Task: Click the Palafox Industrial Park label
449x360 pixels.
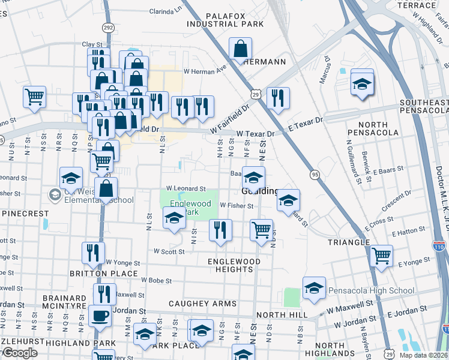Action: tap(224, 20)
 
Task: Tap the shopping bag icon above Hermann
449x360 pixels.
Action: tap(240, 48)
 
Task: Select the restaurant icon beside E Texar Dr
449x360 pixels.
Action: tap(277, 98)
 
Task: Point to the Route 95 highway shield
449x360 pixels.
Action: tap(315, 174)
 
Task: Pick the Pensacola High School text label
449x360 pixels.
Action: tap(371, 291)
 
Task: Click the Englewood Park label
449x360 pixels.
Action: tap(190, 208)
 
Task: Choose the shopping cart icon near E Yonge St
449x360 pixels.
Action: tap(382, 256)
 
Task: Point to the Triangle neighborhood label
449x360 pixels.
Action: tap(349, 242)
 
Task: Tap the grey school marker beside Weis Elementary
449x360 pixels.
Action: tap(55, 195)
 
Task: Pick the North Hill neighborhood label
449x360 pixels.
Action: tap(282, 315)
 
